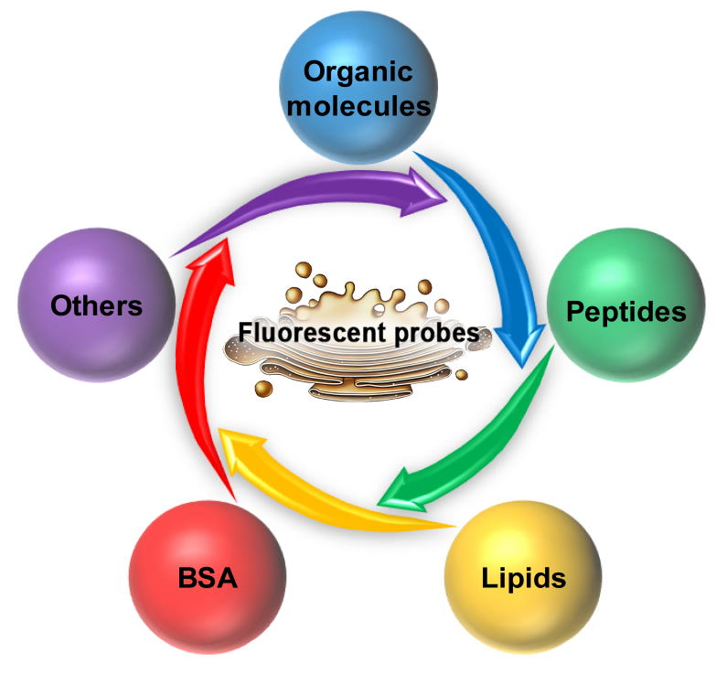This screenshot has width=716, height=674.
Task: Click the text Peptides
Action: coord(625,312)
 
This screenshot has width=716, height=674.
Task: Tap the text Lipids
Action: coord(523,578)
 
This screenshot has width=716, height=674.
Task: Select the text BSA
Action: coord(206,579)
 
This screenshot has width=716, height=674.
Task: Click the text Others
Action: coord(96,305)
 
